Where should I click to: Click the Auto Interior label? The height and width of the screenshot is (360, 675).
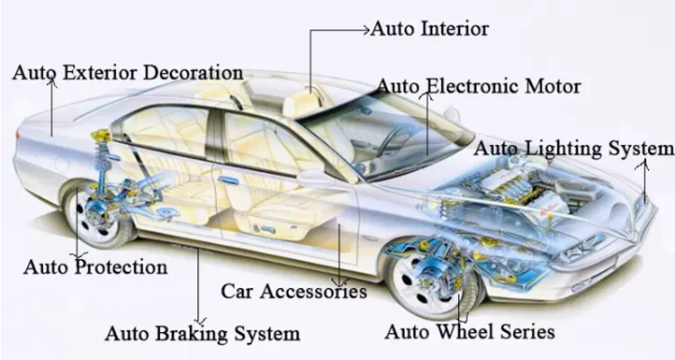[430, 29]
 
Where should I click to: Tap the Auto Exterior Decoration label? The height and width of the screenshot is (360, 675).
[127, 72]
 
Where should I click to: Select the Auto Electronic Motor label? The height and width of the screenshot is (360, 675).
[478, 87]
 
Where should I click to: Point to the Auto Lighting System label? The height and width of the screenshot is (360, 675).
[573, 148]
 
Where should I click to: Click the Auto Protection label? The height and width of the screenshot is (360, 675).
[94, 267]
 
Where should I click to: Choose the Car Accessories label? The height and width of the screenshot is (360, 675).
[294, 292]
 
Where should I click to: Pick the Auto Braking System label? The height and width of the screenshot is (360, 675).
[202, 334]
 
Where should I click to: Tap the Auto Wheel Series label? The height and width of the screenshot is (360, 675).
[470, 332]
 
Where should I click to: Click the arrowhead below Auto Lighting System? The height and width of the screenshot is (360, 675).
[643, 165]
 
